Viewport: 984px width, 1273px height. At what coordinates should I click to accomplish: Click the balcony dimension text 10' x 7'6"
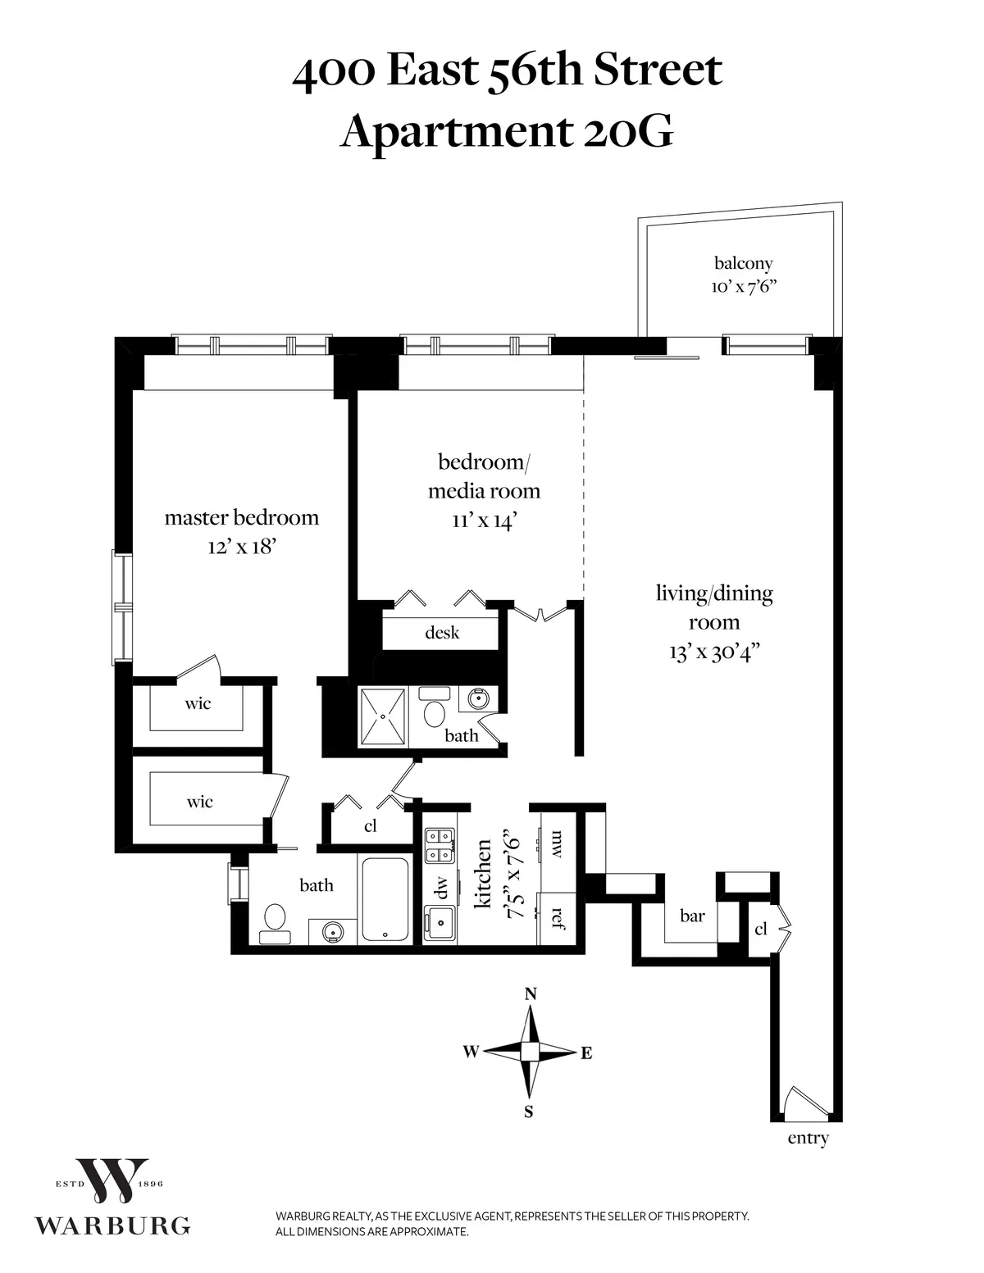[743, 288]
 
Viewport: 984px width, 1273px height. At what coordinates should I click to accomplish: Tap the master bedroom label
[241, 518]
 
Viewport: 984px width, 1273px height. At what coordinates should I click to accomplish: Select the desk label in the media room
[442, 633]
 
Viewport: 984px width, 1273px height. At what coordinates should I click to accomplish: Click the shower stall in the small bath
[383, 716]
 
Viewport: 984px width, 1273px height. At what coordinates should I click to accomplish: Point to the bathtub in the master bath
[385, 900]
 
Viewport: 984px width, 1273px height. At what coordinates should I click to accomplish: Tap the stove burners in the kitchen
[440, 845]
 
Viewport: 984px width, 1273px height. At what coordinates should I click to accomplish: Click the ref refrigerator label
[558, 916]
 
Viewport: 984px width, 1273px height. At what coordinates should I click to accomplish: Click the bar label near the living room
[692, 916]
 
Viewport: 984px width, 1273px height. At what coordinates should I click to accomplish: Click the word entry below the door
[808, 1139]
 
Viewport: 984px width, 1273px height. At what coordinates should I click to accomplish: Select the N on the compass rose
[531, 994]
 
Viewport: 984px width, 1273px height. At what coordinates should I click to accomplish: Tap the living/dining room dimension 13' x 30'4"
[713, 653]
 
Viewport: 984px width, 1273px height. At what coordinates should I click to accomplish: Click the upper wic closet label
[198, 703]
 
